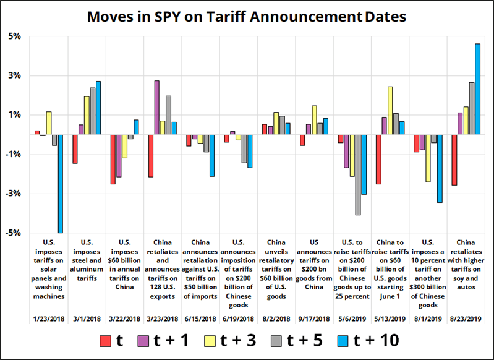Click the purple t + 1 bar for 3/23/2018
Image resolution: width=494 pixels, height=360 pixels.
coord(157,108)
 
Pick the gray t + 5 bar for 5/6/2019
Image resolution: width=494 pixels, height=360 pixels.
coord(357,174)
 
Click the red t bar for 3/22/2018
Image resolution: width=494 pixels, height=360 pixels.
coord(113,159)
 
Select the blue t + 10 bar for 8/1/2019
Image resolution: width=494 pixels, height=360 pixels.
coord(440,168)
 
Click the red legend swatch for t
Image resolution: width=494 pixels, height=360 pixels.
coord(106,340)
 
